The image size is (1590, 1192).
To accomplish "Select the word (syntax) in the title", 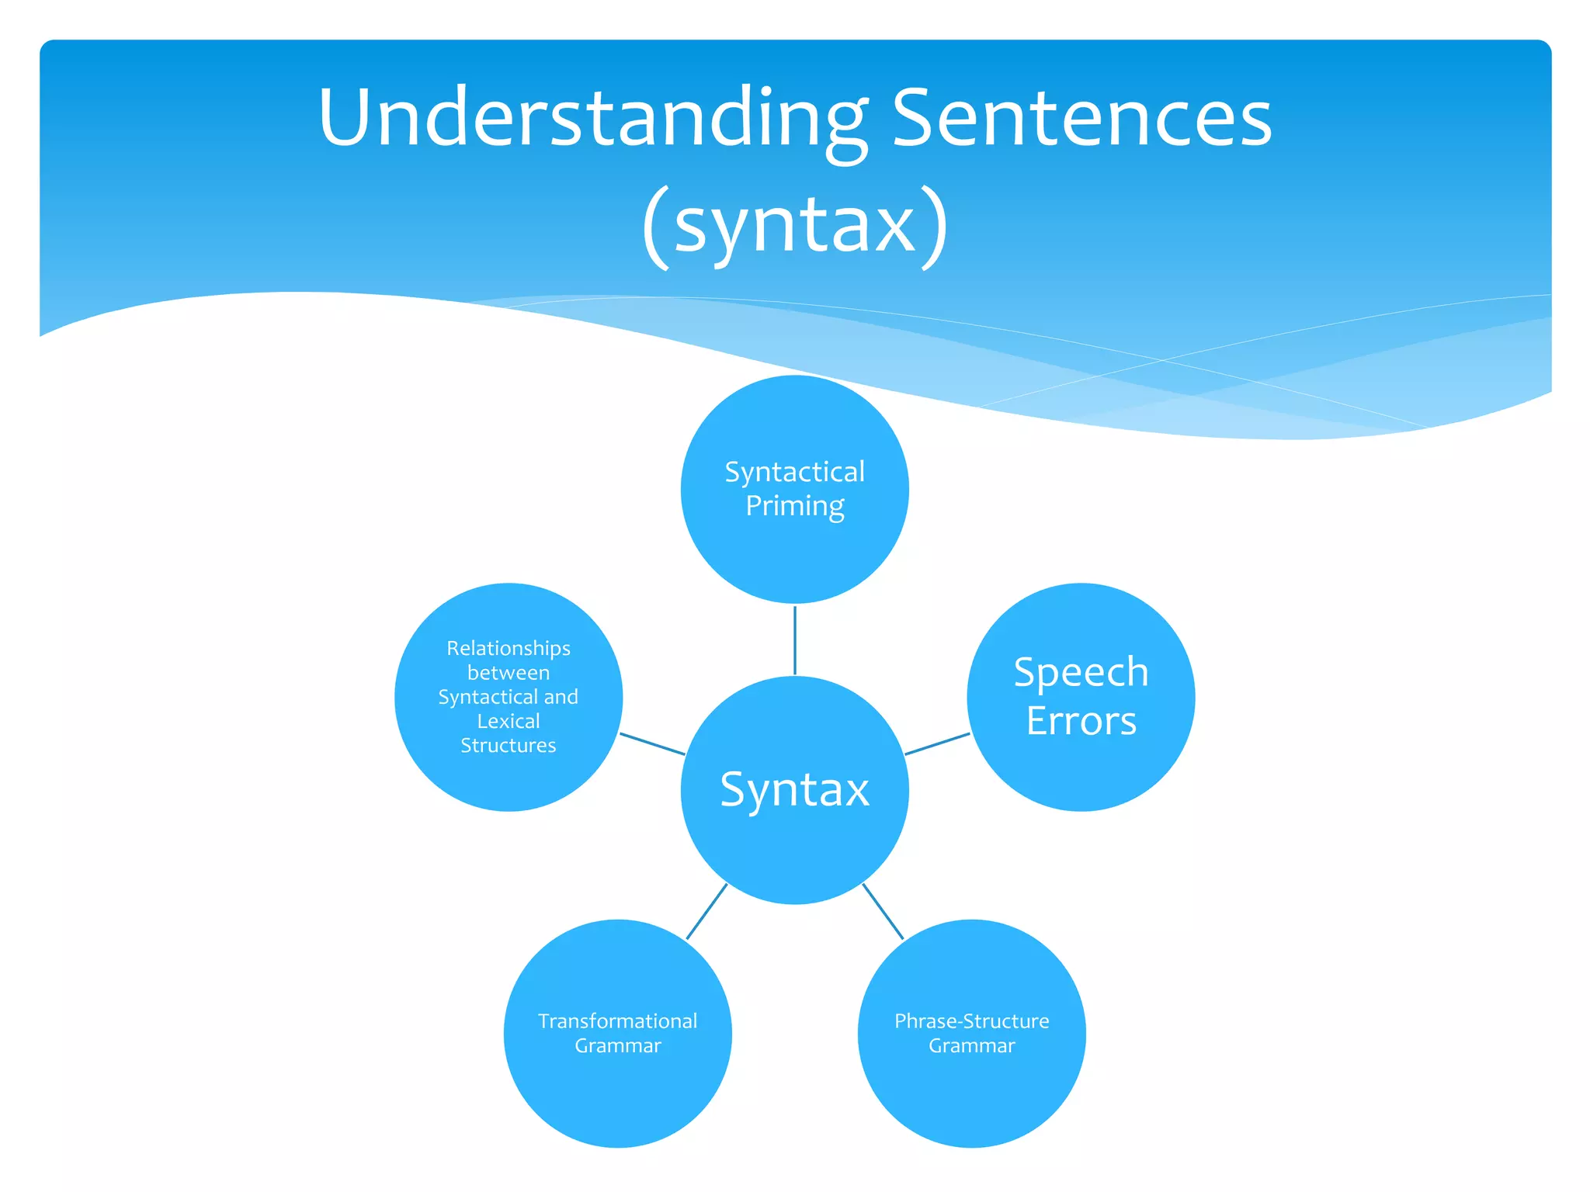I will [x=795, y=225].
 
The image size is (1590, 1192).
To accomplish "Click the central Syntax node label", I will [x=795, y=790].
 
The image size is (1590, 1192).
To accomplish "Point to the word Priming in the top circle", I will [x=795, y=506].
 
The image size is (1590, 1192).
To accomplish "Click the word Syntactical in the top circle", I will [x=795, y=472].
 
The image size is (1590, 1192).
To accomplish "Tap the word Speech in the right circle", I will [x=1081, y=672].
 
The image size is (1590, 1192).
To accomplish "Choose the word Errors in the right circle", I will [x=1081, y=721].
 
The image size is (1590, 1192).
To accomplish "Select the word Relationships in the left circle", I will [x=509, y=648].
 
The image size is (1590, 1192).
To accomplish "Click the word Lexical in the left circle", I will [x=509, y=721].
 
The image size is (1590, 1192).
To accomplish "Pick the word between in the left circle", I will [x=509, y=673].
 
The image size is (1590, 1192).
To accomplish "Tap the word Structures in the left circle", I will [x=509, y=746].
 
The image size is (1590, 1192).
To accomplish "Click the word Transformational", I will [x=618, y=1021].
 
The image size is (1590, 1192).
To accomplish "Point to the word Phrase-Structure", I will [x=971, y=1021].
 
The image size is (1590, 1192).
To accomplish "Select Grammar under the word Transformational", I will [x=618, y=1046].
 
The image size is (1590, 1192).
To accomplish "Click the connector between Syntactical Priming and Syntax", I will [x=795, y=640].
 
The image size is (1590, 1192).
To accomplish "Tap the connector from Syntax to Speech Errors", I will [x=937, y=744].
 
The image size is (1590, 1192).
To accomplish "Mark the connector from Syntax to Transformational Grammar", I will [x=706, y=912].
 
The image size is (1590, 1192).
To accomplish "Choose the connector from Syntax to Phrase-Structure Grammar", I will [x=884, y=912].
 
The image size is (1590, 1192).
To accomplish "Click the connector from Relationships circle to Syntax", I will [x=652, y=744].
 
